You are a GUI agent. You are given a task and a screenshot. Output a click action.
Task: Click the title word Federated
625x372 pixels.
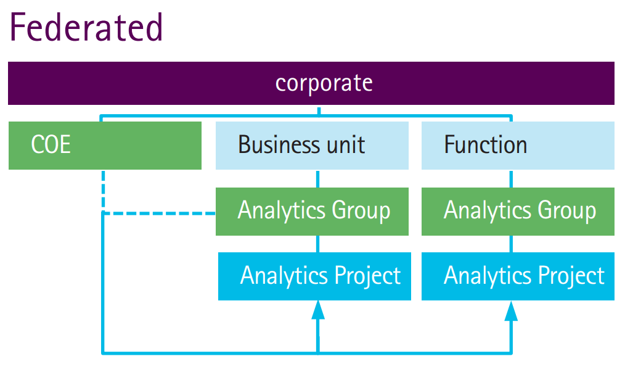click(x=86, y=27)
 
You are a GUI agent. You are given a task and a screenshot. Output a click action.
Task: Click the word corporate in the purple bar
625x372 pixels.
click(x=324, y=83)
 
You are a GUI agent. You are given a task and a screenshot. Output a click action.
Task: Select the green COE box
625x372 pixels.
click(x=105, y=145)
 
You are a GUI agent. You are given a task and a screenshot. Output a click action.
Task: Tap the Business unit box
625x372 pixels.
click(x=312, y=145)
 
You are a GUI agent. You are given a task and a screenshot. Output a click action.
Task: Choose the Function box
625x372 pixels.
click(x=518, y=145)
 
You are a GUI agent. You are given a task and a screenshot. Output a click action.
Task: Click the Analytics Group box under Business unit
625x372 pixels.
click(x=312, y=211)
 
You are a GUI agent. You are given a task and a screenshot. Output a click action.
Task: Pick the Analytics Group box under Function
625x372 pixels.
click(x=518, y=211)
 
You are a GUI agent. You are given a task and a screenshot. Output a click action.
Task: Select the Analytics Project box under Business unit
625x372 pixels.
click(x=314, y=276)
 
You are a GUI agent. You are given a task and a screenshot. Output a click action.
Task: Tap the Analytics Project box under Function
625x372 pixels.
click(x=518, y=276)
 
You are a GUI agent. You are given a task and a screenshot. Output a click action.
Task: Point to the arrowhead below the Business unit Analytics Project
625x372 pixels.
click(x=318, y=310)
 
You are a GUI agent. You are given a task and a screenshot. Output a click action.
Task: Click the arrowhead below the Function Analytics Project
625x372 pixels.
click(x=511, y=310)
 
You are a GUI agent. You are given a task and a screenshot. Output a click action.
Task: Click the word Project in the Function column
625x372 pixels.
click(x=570, y=276)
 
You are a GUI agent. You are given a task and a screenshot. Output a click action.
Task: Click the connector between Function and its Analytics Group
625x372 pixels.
click(x=511, y=178)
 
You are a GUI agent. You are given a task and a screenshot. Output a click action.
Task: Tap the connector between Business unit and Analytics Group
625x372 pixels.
click(x=318, y=178)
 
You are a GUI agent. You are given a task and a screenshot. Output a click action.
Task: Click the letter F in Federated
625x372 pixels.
click(x=20, y=27)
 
